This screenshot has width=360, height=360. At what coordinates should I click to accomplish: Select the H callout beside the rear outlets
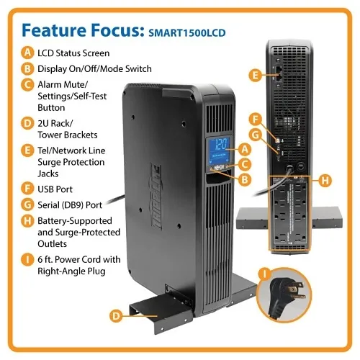325,180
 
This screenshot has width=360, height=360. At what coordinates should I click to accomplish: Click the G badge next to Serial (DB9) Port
27,205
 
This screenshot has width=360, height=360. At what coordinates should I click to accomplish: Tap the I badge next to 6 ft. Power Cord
27,259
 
